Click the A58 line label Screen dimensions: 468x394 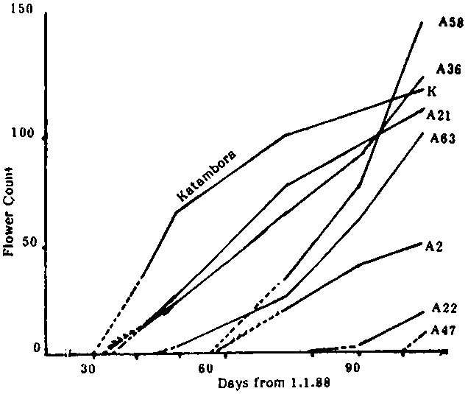click(x=451, y=22)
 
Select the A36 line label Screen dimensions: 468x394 click(x=449, y=69)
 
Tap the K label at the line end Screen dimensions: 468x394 click(x=432, y=91)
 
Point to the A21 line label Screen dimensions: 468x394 click(x=438, y=115)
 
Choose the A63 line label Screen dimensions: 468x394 click(x=443, y=138)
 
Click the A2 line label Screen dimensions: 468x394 click(x=433, y=247)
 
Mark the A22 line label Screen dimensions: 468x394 click(x=444, y=309)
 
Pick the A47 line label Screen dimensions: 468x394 click(x=444, y=331)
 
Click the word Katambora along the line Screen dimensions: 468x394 click(x=206, y=175)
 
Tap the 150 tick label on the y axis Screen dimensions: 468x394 click(x=22, y=9)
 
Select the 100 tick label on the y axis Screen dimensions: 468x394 click(x=23, y=133)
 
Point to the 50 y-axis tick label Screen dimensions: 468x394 click(x=29, y=242)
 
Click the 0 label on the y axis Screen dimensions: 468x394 click(x=37, y=348)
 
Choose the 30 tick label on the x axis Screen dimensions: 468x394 click(x=88, y=369)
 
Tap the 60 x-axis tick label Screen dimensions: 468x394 click(x=205, y=369)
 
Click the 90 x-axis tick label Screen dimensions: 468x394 click(x=353, y=368)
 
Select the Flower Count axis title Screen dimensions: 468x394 click(x=9, y=211)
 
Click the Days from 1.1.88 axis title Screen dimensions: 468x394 click(x=274, y=383)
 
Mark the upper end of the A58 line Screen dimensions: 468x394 click(x=422, y=22)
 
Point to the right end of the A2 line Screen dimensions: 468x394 click(x=421, y=244)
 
